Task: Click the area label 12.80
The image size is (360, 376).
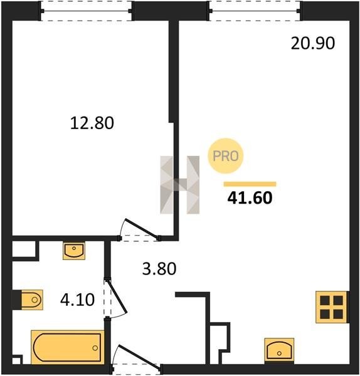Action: click(x=92, y=123)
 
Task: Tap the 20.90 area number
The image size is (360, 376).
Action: click(x=313, y=43)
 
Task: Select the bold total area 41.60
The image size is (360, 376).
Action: click(x=250, y=197)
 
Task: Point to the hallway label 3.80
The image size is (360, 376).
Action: click(x=159, y=269)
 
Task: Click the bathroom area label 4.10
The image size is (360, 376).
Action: click(x=77, y=300)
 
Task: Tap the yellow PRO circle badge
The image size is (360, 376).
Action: click(x=226, y=156)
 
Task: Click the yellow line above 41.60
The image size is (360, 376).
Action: click(x=250, y=184)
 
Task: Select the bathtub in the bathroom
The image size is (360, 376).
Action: click(x=68, y=347)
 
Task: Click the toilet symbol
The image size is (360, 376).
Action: click(x=32, y=300)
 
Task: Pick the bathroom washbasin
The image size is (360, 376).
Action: click(x=74, y=251)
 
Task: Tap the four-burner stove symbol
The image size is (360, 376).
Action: click(x=331, y=307)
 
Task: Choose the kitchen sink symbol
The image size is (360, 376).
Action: click(x=279, y=350)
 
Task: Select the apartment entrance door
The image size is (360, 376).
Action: click(x=136, y=357)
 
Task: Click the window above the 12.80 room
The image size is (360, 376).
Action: click(x=87, y=11)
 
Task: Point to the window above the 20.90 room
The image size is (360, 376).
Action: click(x=255, y=11)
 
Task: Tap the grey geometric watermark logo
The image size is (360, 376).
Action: click(x=180, y=185)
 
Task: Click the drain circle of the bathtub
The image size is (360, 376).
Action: click(x=95, y=348)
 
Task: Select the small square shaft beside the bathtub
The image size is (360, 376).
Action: click(x=17, y=360)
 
